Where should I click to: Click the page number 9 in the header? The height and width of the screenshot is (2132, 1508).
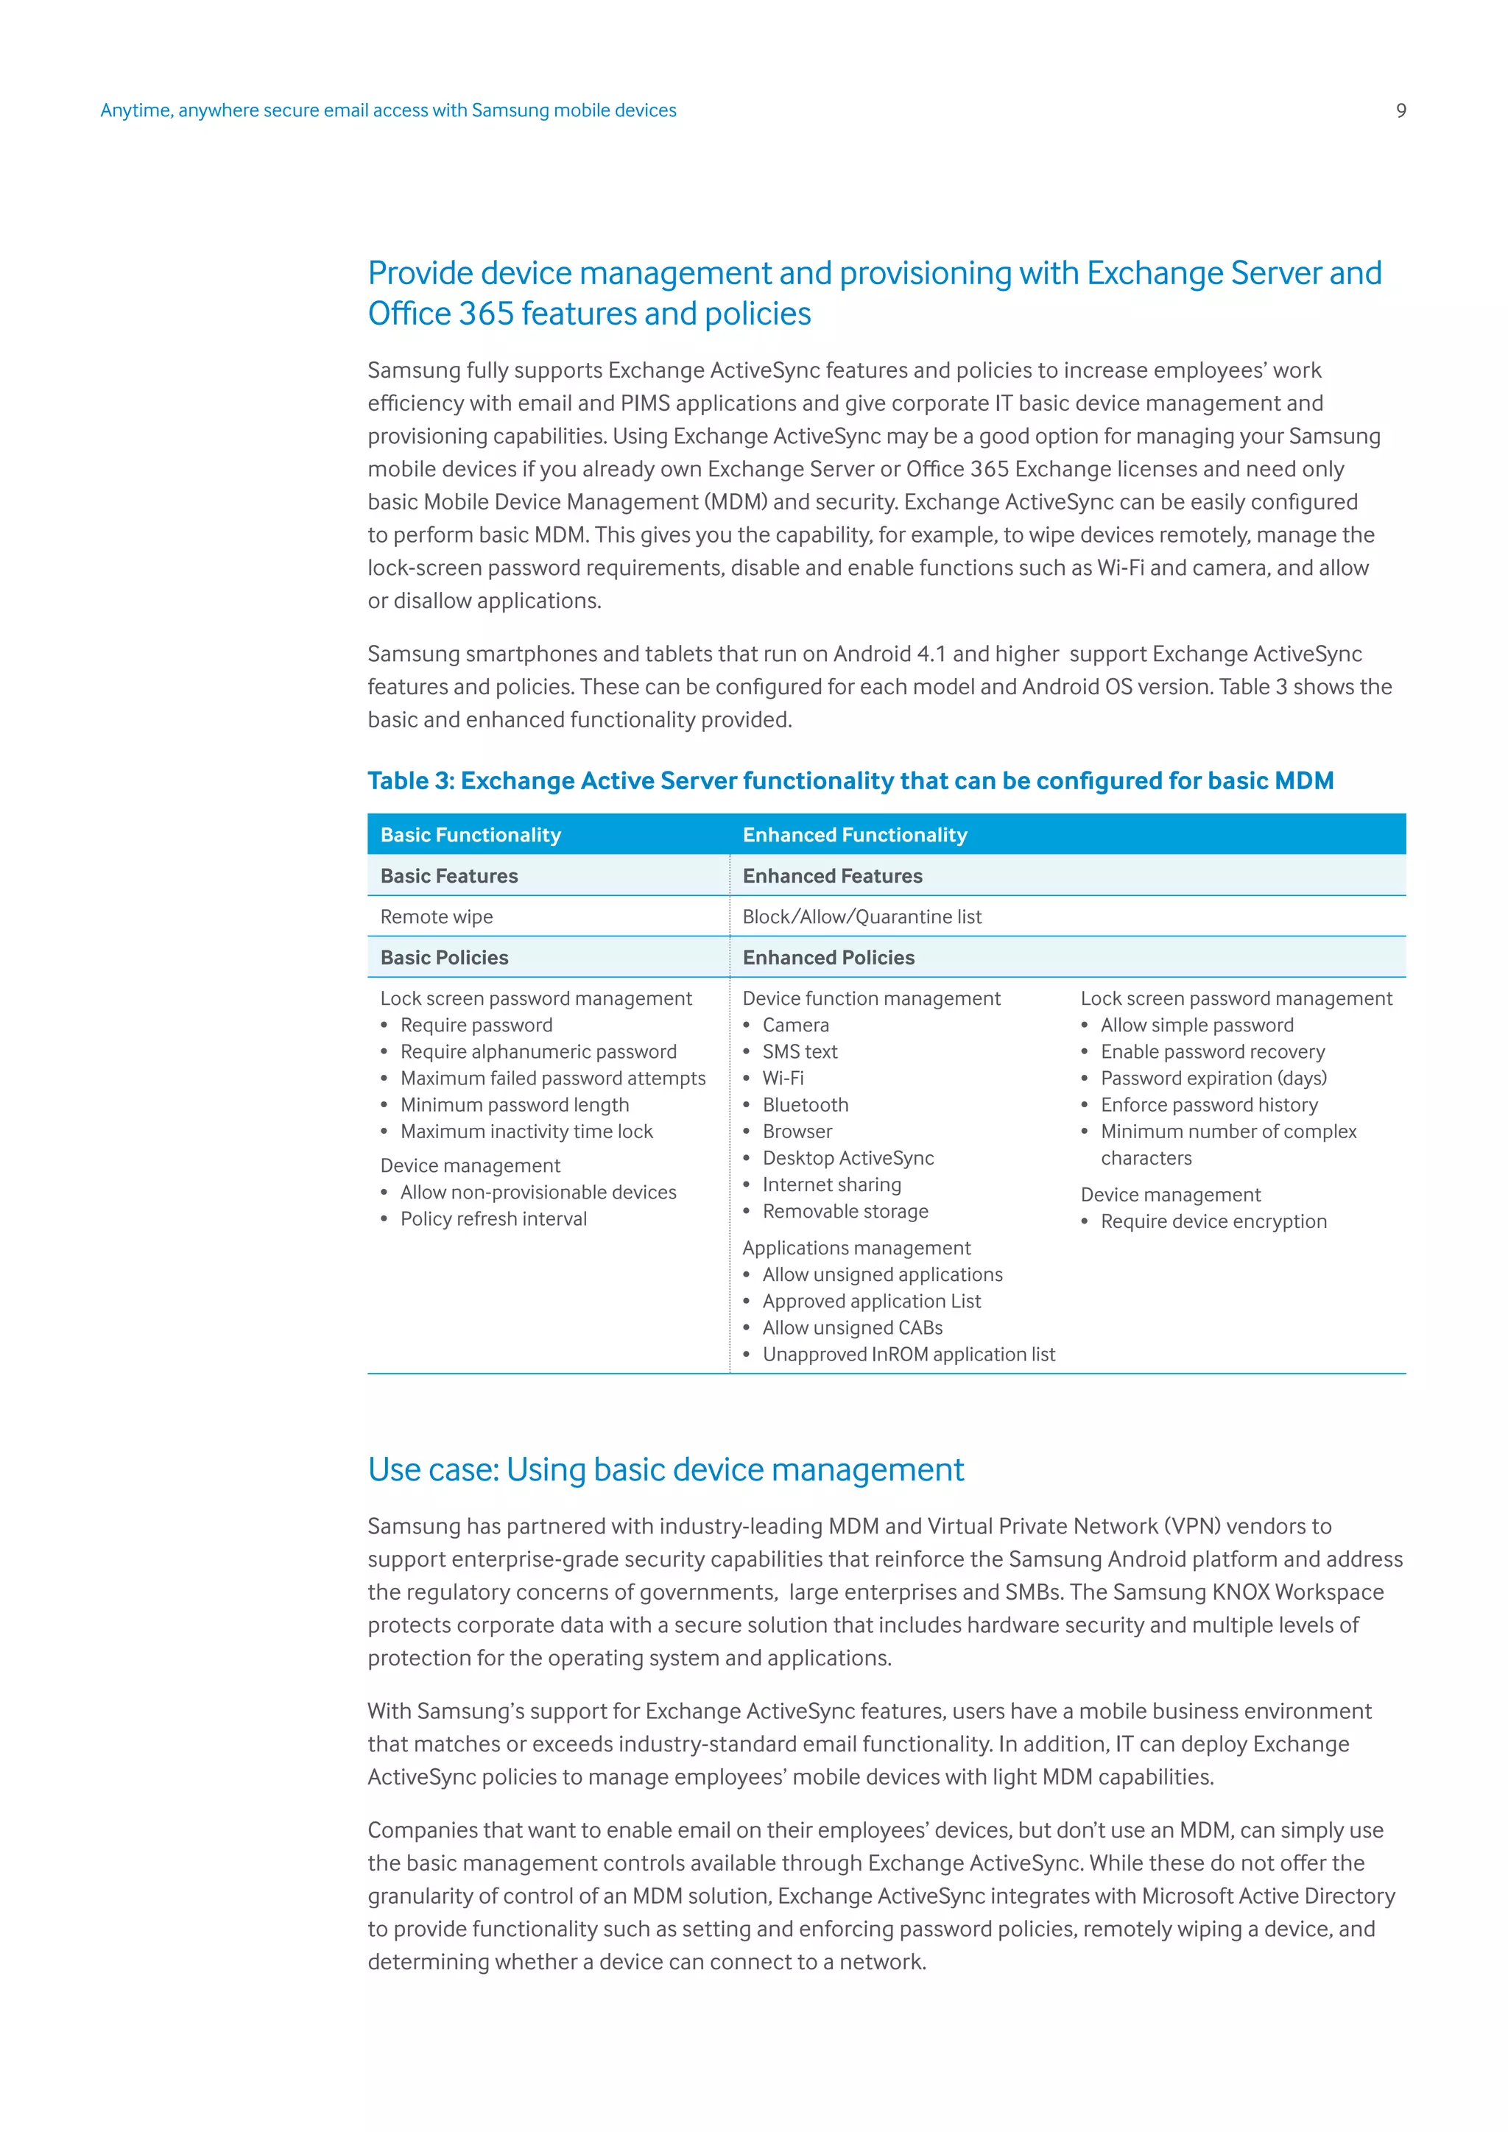pyautogui.click(x=1400, y=110)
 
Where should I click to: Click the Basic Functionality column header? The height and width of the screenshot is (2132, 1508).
pyautogui.click(x=470, y=835)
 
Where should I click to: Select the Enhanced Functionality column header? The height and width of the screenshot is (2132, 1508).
pyautogui.click(x=854, y=835)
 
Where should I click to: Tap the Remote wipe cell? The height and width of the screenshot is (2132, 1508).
pyautogui.click(x=437, y=917)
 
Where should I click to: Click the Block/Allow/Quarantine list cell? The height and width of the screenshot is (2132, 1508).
pyautogui.click(x=862, y=917)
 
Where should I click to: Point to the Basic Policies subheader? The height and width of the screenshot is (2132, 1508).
pyautogui.click(x=444, y=957)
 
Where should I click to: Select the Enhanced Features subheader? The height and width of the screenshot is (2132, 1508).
pyautogui.click(x=832, y=875)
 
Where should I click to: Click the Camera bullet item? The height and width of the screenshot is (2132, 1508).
pyautogui.click(x=794, y=1026)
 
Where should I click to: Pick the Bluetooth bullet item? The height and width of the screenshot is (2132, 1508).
pyautogui.click(x=805, y=1105)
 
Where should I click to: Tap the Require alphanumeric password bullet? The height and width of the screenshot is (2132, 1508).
pyautogui.click(x=538, y=1052)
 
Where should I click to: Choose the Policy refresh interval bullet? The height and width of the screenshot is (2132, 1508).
pyautogui.click(x=493, y=1219)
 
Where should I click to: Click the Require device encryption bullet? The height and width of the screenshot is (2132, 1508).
pyautogui.click(x=1213, y=1222)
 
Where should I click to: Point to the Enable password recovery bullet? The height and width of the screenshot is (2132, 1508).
pyautogui.click(x=1212, y=1052)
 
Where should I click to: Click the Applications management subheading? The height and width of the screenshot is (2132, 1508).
pyautogui.click(x=856, y=1248)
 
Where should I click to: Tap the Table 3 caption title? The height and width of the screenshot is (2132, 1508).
pyautogui.click(x=850, y=781)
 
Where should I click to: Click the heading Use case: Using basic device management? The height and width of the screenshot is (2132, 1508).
pyautogui.click(x=665, y=1470)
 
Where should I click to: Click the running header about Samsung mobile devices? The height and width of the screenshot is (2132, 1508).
pyautogui.click(x=388, y=110)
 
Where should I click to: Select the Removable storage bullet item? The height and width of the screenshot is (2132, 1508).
pyautogui.click(x=845, y=1212)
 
